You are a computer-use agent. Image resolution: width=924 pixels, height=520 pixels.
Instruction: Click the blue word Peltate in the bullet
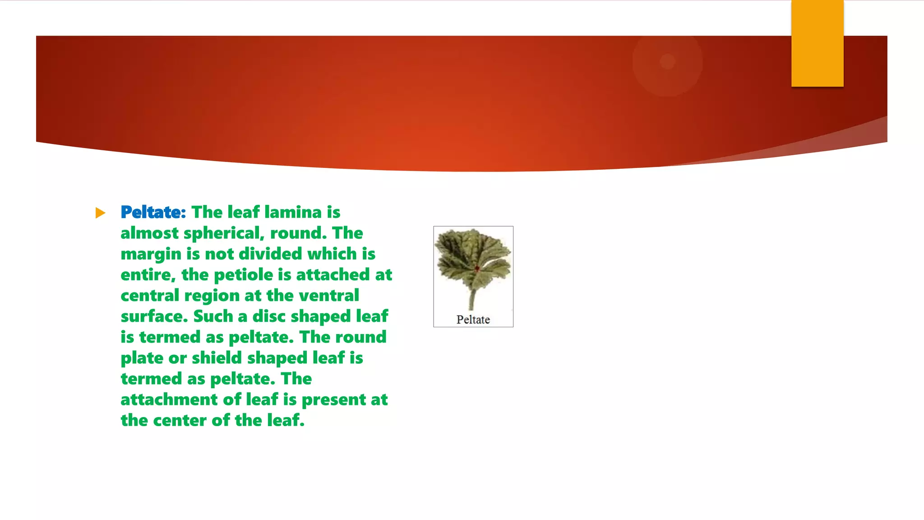click(x=153, y=212)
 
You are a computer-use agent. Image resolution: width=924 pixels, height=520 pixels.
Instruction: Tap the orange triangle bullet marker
click(x=100, y=213)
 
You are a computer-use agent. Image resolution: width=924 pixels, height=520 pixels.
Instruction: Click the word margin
click(x=151, y=254)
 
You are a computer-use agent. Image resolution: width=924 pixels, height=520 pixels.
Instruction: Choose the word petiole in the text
click(x=243, y=275)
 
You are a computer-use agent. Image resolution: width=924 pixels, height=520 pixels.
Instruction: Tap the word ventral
click(x=329, y=296)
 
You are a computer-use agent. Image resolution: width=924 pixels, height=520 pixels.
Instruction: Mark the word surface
click(x=154, y=316)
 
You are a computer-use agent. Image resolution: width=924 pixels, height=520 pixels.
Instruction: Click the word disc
click(x=269, y=316)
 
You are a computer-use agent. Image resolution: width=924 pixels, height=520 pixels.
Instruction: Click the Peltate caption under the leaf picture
click(x=473, y=320)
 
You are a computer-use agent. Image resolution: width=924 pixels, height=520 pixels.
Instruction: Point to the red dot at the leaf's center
click(x=477, y=269)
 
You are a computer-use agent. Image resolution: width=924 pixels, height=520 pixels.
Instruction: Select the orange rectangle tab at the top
click(x=817, y=43)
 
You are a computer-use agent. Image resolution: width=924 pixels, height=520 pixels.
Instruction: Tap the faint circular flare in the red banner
click(x=667, y=61)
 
